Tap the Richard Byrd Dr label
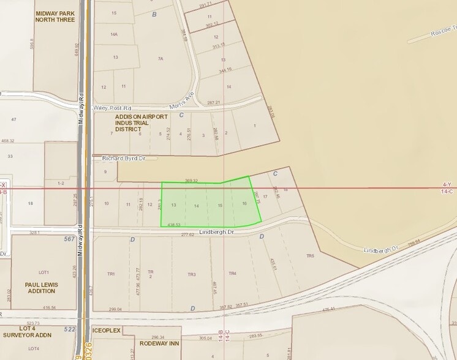(x=124, y=158)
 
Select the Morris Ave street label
(x=182, y=100)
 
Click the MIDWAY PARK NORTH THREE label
(x=55, y=17)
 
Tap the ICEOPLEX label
(x=107, y=331)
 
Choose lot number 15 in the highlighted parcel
(x=221, y=205)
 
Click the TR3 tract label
(x=192, y=274)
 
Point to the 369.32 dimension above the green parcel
(x=191, y=181)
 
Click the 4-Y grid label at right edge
(x=447, y=184)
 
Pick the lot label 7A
(x=160, y=59)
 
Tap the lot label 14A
(x=114, y=35)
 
